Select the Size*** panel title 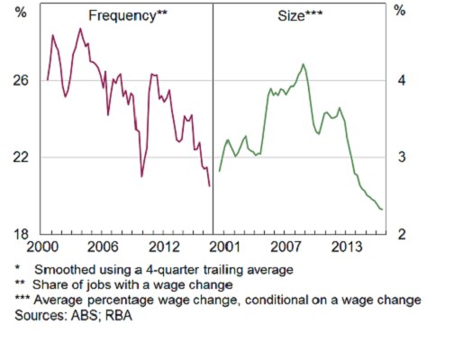(x=302, y=15)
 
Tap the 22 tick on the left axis (x=22, y=157)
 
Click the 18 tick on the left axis (x=22, y=234)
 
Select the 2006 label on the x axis (x=104, y=247)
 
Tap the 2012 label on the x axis (x=163, y=247)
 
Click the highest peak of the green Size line (x=304, y=64)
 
